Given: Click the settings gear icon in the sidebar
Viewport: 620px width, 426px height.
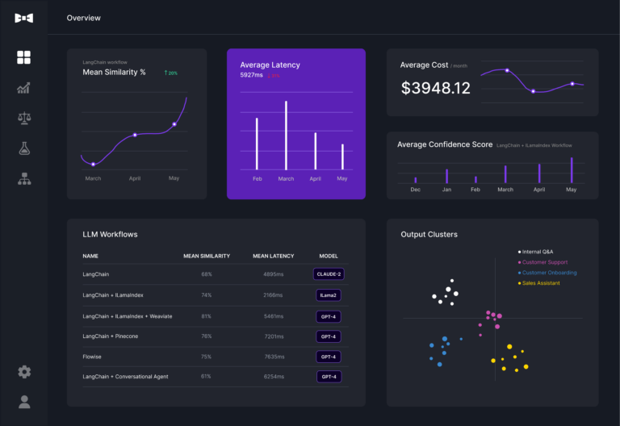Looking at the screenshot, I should click(24, 372).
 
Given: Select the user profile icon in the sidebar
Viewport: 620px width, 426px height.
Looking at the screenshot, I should click(24, 401).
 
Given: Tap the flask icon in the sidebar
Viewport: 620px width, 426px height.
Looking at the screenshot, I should click(24, 148).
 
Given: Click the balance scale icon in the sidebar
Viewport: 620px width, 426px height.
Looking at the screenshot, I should click(24, 119).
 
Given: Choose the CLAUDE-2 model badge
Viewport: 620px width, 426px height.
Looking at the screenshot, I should click(329, 274).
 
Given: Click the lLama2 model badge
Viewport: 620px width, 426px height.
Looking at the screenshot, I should click(329, 295).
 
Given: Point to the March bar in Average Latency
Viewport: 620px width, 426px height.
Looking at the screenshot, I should click(286, 136).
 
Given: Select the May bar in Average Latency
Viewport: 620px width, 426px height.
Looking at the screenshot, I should click(342, 157).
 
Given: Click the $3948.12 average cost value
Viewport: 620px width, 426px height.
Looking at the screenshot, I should click(435, 89).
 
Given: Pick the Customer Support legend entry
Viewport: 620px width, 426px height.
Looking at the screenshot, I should click(544, 262).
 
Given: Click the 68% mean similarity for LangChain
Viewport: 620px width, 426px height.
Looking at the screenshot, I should click(207, 274).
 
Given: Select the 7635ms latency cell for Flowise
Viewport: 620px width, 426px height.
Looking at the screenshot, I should click(273, 357).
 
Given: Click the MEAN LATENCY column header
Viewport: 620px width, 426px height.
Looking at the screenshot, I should click(273, 256).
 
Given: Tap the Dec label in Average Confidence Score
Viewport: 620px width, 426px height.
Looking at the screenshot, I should click(415, 190).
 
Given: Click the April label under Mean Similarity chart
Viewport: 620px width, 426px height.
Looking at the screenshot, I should click(135, 178).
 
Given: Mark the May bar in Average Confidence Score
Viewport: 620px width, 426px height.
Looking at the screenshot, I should click(572, 170).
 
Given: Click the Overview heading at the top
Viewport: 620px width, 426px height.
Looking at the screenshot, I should click(84, 18).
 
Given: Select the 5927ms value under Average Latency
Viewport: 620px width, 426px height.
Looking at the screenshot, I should click(251, 75).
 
